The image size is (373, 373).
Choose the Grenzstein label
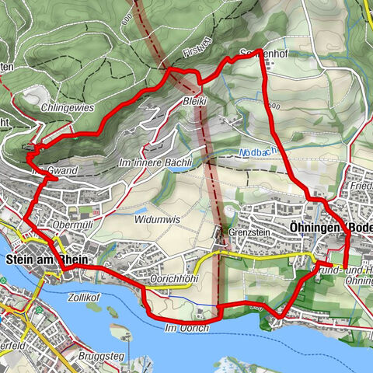(x=248, y=232)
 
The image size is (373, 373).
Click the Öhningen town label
(x=314, y=227)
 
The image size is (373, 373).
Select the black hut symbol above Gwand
(x=30, y=148)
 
